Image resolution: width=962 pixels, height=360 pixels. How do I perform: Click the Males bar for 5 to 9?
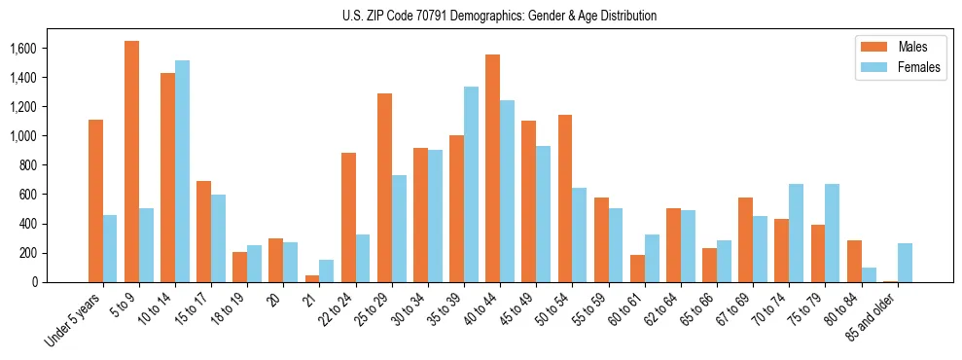click(x=131, y=162)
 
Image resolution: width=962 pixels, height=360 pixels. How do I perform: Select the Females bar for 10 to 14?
click(x=182, y=171)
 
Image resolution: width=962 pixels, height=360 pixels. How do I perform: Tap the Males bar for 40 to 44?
click(x=492, y=168)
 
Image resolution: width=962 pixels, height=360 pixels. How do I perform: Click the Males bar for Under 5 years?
click(x=95, y=200)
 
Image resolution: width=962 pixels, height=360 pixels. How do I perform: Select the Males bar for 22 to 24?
click(x=348, y=217)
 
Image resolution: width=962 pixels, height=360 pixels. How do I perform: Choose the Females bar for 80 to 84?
click(x=869, y=274)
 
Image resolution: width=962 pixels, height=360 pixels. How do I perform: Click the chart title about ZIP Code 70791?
click(x=500, y=16)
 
